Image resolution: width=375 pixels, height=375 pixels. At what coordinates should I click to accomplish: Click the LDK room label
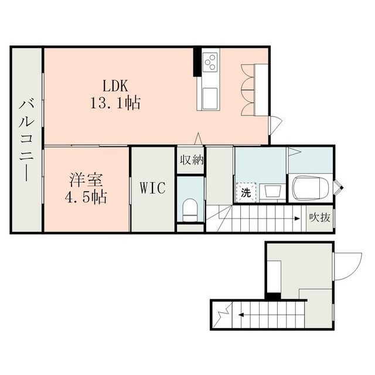coord(115,86)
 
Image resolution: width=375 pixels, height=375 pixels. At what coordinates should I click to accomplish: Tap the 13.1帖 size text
coord(115,103)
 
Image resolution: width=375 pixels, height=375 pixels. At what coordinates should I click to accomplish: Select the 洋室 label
coord(86,180)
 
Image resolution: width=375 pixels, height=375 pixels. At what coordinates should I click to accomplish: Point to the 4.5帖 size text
coord(86,197)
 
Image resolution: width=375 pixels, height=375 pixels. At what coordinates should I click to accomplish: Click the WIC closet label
coord(152,187)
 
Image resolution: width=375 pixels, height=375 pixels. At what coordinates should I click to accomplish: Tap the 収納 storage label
coord(192,159)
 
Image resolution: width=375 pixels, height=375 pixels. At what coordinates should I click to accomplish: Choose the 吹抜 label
coord(319,217)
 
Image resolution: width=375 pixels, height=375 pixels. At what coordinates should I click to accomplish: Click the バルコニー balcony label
coord(27,141)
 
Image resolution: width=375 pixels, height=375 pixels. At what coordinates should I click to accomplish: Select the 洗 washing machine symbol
coord(246,193)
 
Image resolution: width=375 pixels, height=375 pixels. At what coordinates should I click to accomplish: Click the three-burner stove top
coord(210,62)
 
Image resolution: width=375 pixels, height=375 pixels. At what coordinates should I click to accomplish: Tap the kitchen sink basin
coord(210,98)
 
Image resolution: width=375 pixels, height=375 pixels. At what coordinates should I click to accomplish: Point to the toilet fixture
coord(190,210)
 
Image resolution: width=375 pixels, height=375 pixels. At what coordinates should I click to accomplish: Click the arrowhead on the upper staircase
coord(297,219)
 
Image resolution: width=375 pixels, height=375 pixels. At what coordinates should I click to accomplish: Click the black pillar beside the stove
coord(197,62)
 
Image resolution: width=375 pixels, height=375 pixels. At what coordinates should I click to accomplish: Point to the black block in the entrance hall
coord(274,296)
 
